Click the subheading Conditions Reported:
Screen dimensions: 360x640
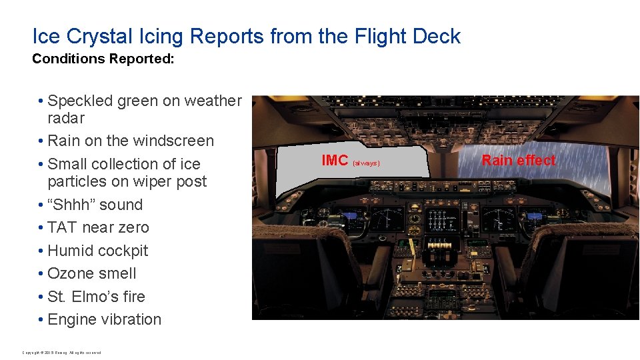click(x=103, y=59)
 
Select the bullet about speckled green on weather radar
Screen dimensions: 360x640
click(x=140, y=109)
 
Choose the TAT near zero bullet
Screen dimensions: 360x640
click(x=98, y=227)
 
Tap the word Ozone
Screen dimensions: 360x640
click(x=71, y=273)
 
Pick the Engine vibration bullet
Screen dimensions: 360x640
click(x=104, y=319)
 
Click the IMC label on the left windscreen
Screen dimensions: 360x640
click(x=335, y=161)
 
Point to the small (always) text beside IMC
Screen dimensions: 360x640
click(x=366, y=163)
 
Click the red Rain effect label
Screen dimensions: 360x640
click(x=518, y=160)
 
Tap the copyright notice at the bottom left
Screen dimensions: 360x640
click(x=61, y=352)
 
